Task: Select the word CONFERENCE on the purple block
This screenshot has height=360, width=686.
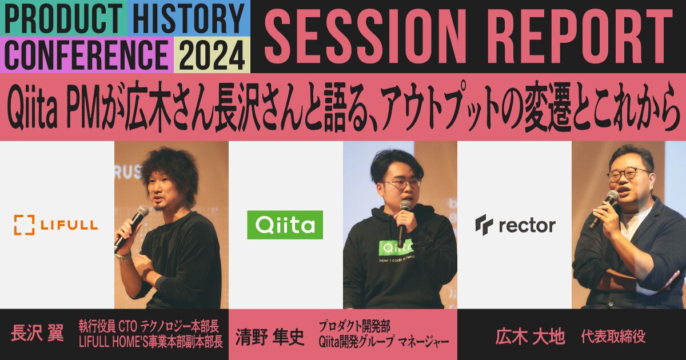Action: coord(86,55)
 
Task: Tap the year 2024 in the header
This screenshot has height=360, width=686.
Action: coord(212,55)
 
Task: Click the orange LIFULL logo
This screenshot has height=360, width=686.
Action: coord(56,225)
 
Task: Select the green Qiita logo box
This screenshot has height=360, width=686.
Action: coord(285,225)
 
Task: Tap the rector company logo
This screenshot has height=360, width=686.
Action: coord(514,225)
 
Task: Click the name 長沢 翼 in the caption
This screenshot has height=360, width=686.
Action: coord(37,334)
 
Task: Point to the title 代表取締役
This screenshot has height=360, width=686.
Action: coord(613,337)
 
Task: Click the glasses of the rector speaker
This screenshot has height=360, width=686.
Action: coord(628,174)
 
